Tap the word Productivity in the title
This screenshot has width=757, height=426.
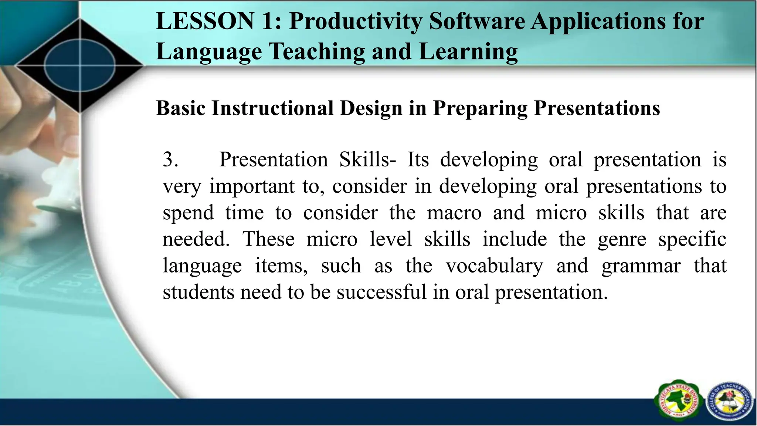355,21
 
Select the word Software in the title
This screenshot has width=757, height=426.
477,21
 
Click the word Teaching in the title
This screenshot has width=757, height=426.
316,51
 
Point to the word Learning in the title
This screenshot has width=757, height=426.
468,51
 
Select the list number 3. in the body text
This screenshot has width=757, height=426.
170,160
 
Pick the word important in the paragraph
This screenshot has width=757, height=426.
252,186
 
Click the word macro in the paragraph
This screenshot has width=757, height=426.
454,213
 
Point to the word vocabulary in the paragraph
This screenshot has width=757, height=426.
495,266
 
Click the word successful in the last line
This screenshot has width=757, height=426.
382,292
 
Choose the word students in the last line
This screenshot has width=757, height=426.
198,292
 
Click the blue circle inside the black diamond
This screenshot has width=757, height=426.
80,66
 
